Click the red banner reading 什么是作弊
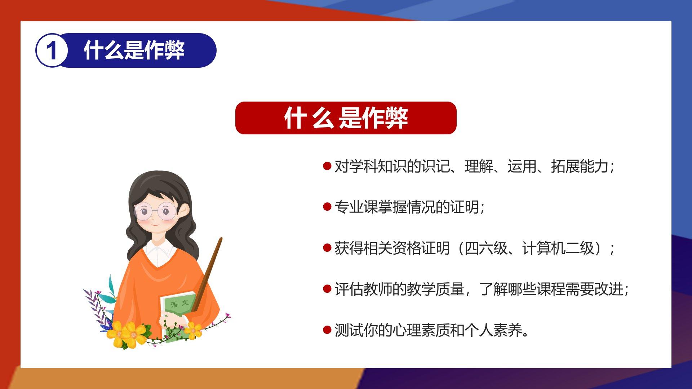[346, 118]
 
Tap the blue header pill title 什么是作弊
[134, 50]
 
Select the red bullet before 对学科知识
[327, 166]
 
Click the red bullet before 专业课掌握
[327, 207]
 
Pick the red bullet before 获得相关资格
[327, 248]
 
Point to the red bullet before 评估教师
[327, 289]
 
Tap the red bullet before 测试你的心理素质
[327, 330]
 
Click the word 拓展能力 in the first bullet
[580, 166]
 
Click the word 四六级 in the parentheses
[486, 248]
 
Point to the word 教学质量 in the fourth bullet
[435, 289]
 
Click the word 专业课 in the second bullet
[356, 207]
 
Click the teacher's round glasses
[156, 211]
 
